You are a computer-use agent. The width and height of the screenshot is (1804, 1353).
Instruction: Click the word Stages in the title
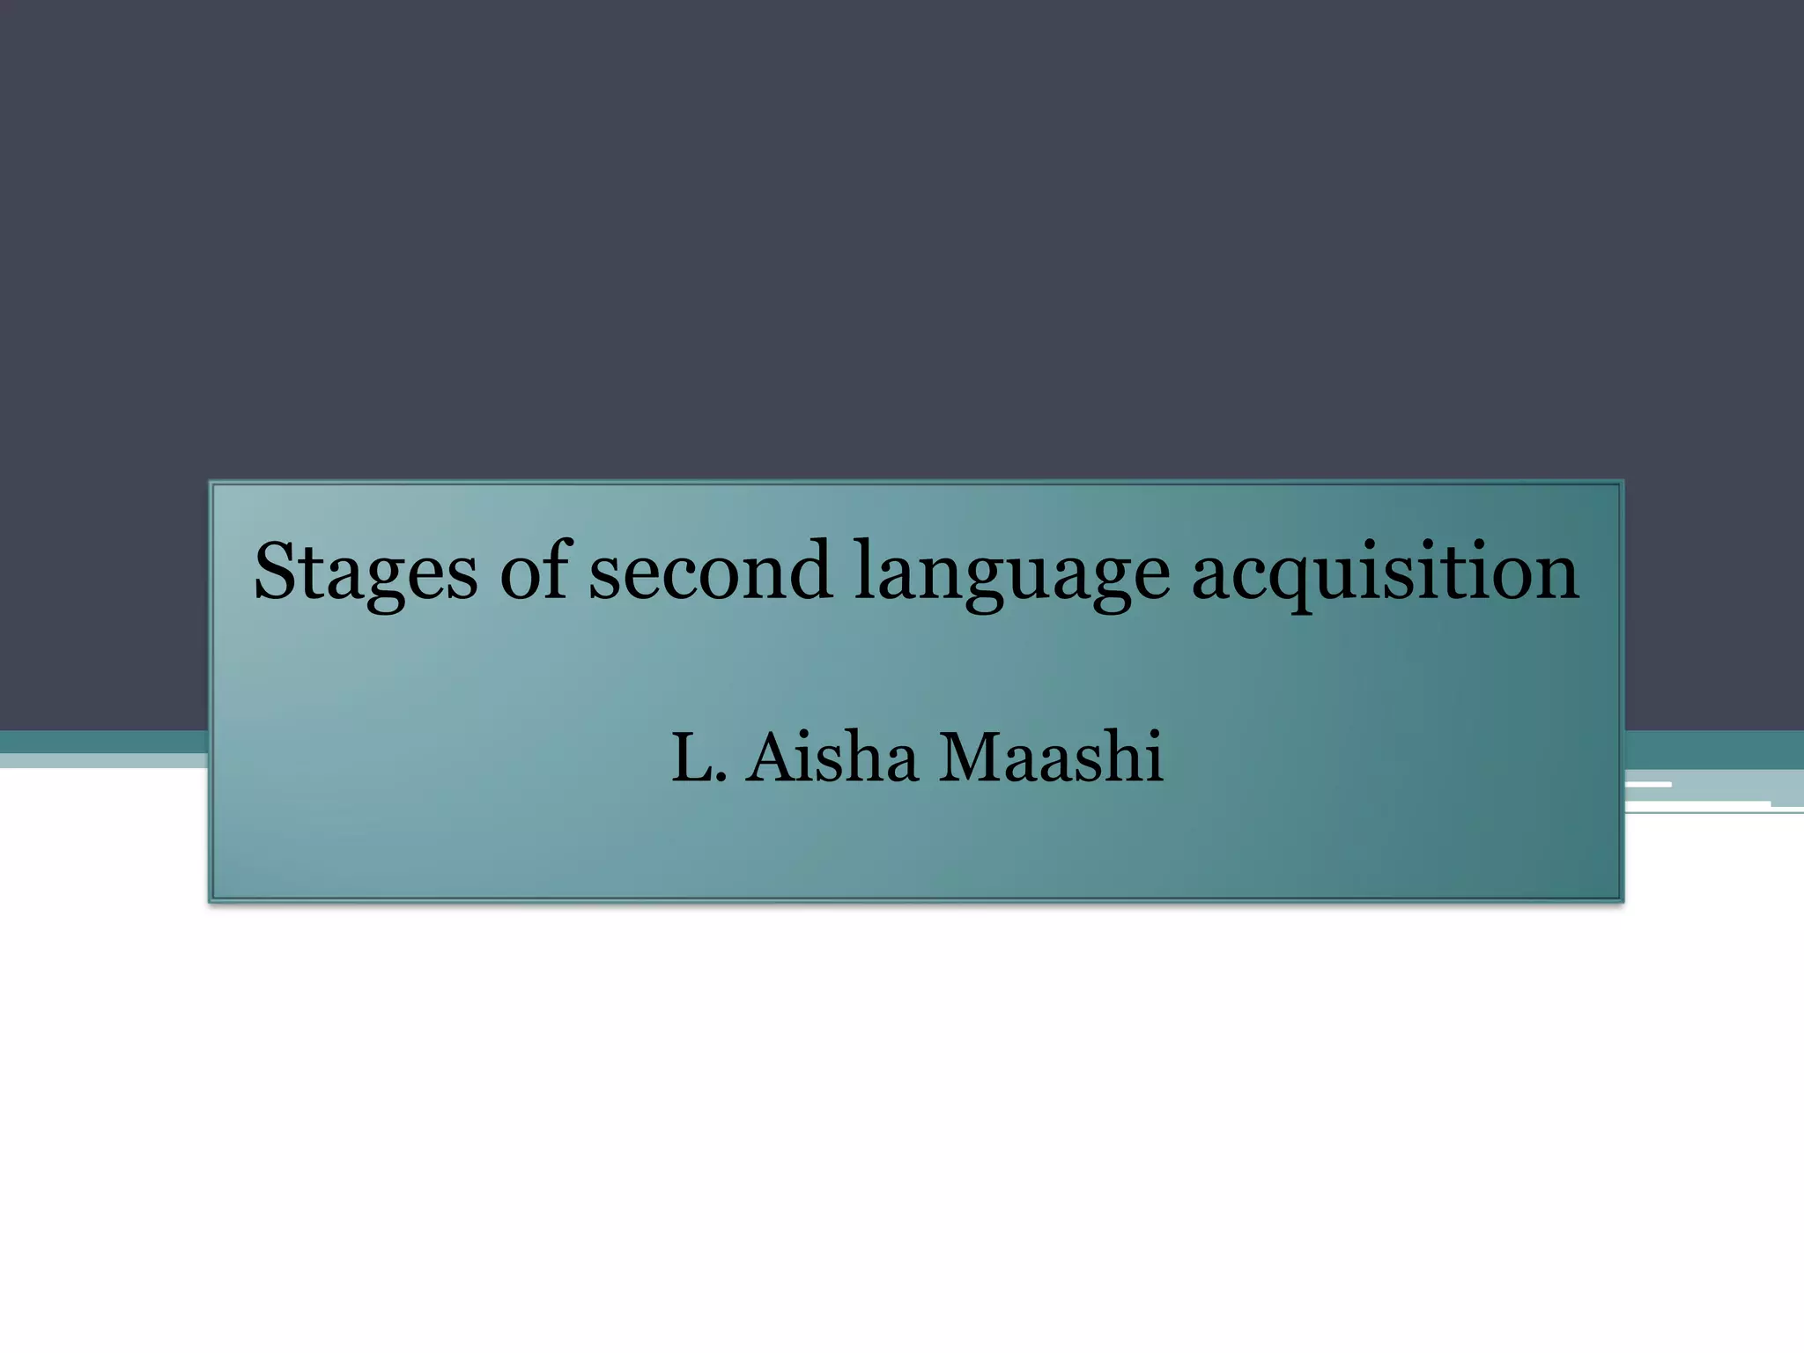(x=365, y=573)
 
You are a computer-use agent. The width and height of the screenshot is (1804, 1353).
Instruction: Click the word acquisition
(x=1386, y=573)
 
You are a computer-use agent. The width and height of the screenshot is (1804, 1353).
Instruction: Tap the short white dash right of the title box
(x=1648, y=784)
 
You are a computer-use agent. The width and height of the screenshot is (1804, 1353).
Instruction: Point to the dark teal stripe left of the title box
(x=104, y=742)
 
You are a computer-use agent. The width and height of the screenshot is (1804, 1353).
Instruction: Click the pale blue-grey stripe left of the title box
(x=104, y=760)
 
